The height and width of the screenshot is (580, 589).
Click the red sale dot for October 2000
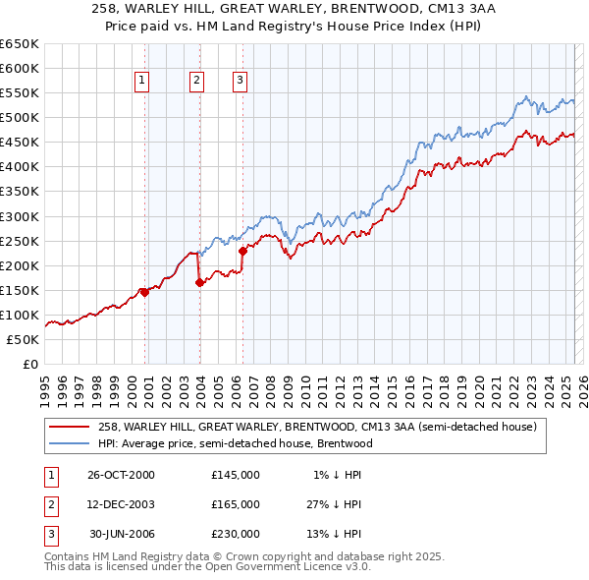[x=145, y=292]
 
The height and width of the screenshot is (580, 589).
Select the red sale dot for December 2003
[x=199, y=282]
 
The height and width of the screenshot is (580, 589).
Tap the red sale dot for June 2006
[x=242, y=250]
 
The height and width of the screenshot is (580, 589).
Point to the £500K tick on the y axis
[x=23, y=117]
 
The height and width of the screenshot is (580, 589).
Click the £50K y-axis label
[x=25, y=339]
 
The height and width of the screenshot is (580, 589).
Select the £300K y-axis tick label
[x=23, y=216]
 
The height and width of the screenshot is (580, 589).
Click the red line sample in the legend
[x=69, y=428]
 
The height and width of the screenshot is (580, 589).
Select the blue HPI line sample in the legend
[x=69, y=443]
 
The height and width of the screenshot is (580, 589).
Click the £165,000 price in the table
[x=235, y=504]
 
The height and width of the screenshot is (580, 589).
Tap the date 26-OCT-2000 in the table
[x=121, y=475]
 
